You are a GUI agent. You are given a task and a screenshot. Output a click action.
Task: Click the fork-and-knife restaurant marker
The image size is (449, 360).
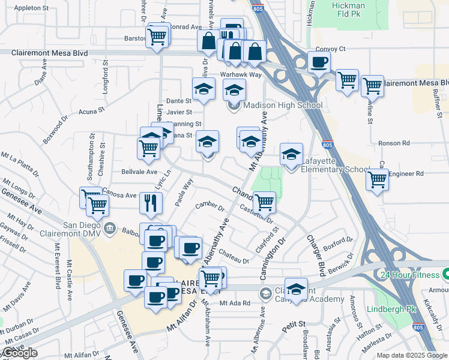point(151,203)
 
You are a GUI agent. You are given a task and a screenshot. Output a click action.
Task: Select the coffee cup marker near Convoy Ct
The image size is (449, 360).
point(319,61)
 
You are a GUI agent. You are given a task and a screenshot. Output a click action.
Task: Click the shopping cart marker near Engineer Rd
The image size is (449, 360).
point(378,178)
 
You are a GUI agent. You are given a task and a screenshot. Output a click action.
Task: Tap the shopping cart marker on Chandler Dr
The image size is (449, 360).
point(264,202)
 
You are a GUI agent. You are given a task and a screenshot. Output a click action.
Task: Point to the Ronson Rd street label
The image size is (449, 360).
point(393,143)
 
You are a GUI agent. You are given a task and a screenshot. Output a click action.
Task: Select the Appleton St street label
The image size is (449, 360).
point(31,8)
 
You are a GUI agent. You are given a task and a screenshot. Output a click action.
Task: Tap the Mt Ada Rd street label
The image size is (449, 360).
point(235,303)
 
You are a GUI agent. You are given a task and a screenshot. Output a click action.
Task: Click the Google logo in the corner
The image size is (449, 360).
point(20,353)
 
